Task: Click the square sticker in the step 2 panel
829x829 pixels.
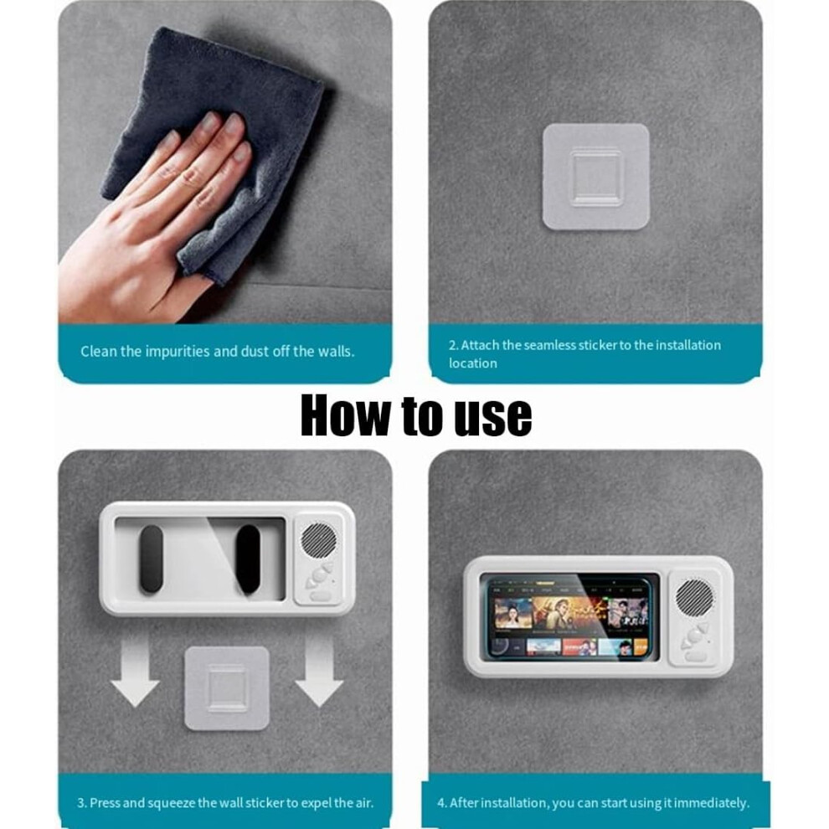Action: click(x=596, y=178)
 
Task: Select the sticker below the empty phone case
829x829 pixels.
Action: click(x=227, y=687)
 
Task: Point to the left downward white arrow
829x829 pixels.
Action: click(x=135, y=672)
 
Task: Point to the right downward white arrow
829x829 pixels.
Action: click(x=319, y=672)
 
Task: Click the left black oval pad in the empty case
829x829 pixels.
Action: click(x=151, y=559)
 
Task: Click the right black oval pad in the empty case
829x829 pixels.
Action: click(x=248, y=559)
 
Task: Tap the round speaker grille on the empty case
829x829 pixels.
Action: click(x=319, y=540)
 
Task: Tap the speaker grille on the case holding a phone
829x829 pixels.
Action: click(x=693, y=597)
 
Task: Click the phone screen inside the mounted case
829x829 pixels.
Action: click(x=567, y=618)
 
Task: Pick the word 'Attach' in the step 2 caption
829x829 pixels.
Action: click(x=480, y=345)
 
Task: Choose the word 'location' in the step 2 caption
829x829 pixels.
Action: click(x=472, y=363)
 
